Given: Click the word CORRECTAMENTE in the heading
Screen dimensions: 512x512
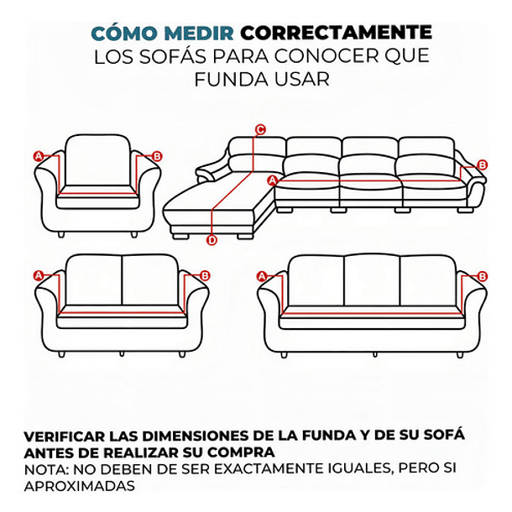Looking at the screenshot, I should tap(336, 34).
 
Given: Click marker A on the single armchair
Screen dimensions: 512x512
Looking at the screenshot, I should tap(38, 156).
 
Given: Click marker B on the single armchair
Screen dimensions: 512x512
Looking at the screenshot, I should tap(158, 156).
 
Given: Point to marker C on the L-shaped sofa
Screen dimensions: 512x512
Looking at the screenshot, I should tap(260, 129).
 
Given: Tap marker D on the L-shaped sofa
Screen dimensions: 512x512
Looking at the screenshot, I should tap(212, 241).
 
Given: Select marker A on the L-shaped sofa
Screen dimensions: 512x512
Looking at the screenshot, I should tap(272, 180).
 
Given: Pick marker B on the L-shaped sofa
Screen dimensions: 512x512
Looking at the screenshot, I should tap(482, 165).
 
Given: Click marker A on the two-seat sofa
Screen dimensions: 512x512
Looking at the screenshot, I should tap(38, 275).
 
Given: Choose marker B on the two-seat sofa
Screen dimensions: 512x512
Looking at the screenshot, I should tap(205, 275).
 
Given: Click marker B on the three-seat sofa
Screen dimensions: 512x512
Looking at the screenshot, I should tap(482, 276).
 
